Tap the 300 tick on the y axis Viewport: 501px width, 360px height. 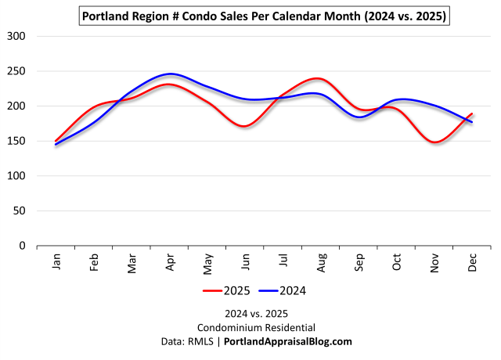pyautogui.click(x=16, y=36)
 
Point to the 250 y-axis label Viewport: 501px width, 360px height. pyautogui.click(x=16, y=71)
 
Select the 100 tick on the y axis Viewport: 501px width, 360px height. pyautogui.click(x=16, y=176)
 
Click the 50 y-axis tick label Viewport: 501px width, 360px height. pyautogui.click(x=19, y=211)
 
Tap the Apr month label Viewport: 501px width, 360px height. pyautogui.click(x=171, y=262)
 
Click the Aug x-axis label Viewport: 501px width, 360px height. pyautogui.click(x=322, y=262)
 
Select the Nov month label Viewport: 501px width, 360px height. pyautogui.click(x=435, y=262)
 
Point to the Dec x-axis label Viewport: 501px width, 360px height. pyautogui.click(x=473, y=262)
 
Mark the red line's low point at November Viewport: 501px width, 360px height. pyautogui.click(x=435, y=142)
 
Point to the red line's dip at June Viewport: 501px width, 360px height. pyautogui.click(x=246, y=126)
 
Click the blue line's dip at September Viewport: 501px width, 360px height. pyautogui.click(x=359, y=117)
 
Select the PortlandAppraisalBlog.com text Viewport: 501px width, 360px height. pyautogui.click(x=287, y=341)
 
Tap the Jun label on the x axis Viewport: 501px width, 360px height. pyautogui.click(x=246, y=262)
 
